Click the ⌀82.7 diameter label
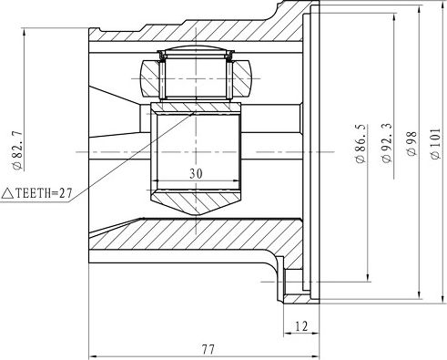tap(15, 149)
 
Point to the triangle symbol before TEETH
tap(7, 192)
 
